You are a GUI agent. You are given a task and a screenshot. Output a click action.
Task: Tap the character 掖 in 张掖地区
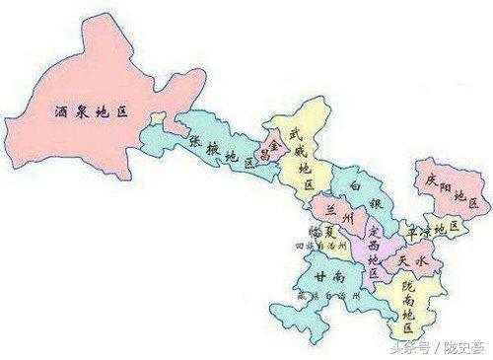pos(211,148)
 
